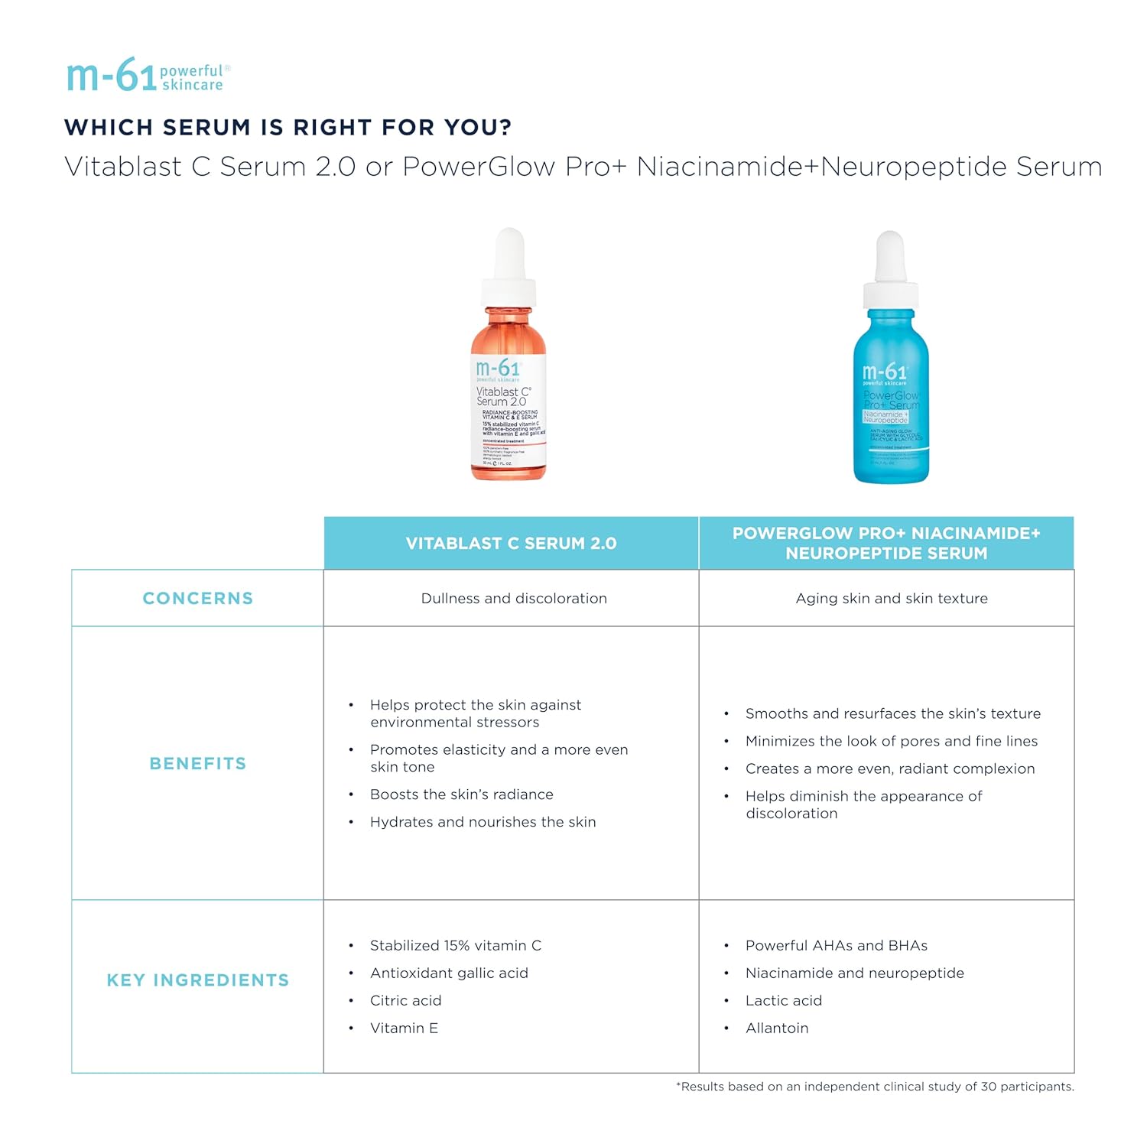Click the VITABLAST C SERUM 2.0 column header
(x=511, y=544)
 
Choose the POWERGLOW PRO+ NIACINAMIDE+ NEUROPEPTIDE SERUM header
(x=886, y=543)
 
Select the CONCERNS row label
(x=198, y=599)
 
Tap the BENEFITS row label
(x=198, y=764)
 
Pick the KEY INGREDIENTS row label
(x=198, y=980)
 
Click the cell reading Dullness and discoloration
(x=514, y=599)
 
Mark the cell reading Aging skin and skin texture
(x=892, y=599)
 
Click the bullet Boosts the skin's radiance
(x=462, y=794)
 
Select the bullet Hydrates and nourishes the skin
(x=483, y=822)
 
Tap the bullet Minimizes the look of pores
(x=892, y=741)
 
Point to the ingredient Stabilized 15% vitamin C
(x=456, y=946)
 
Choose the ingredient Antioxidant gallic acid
(x=449, y=973)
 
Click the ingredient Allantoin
(x=777, y=1028)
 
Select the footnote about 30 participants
(x=875, y=1087)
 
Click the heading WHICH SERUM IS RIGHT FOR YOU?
(x=288, y=127)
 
